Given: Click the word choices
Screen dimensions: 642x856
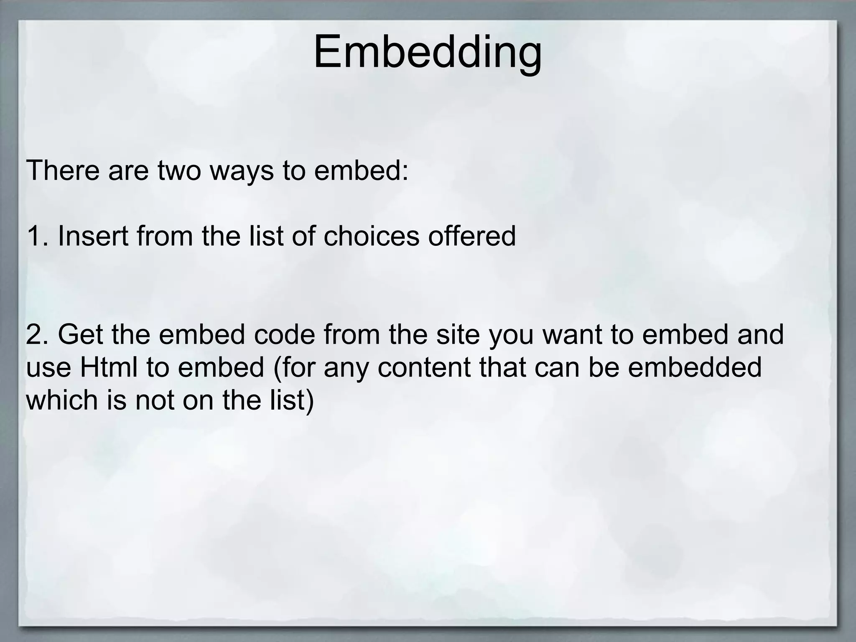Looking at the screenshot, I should pyautogui.click(x=371, y=236).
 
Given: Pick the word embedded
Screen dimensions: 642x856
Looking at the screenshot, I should pyautogui.click(x=695, y=367).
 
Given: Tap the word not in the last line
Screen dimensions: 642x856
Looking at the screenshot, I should pyautogui.click(x=154, y=400).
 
